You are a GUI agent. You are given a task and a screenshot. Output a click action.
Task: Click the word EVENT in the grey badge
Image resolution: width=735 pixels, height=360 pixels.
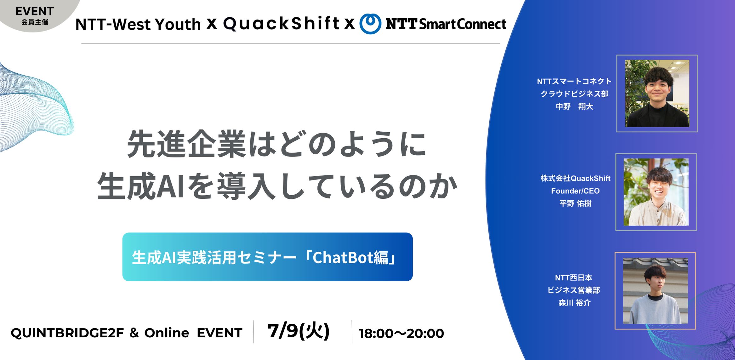coord(35,11)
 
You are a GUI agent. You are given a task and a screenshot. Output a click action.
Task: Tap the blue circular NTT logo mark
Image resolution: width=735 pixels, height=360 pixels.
coord(370,24)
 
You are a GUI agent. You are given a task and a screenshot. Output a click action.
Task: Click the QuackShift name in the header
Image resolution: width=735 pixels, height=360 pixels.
coord(281,23)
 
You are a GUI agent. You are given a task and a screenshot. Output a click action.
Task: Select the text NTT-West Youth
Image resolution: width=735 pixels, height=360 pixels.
coord(138,24)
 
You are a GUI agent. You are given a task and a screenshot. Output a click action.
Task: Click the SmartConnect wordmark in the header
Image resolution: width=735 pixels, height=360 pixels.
coord(463,24)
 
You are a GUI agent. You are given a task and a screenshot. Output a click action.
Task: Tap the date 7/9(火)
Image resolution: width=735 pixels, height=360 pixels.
coord(298,331)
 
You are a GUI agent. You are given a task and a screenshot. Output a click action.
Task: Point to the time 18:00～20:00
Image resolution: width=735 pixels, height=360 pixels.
coord(402,333)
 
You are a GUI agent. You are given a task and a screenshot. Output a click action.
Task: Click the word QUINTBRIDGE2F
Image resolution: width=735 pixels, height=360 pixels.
coord(67,333)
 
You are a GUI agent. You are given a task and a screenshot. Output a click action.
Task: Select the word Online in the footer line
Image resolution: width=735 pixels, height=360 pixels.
coord(167,333)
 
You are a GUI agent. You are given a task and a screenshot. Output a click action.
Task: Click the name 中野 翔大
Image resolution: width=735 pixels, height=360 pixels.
coord(574,106)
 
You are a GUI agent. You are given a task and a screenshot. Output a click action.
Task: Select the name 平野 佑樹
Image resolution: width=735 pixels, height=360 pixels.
coord(575,203)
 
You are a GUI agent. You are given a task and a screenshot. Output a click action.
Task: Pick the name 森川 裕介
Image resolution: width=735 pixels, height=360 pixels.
coord(574,303)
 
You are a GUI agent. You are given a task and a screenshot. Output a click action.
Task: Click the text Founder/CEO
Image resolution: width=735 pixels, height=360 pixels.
coord(575,191)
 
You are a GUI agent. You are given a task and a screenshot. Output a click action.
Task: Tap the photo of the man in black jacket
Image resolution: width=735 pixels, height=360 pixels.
coord(657,94)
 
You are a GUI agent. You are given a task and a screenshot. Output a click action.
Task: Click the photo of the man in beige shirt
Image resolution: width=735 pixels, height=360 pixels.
coord(656,192)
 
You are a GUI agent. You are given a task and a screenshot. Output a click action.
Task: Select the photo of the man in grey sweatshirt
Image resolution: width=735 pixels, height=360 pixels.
coord(655,291)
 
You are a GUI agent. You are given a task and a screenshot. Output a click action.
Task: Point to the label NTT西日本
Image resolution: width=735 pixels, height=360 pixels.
coord(573,277)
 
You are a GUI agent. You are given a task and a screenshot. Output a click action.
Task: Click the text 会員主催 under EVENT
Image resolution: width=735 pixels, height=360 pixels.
coord(35,22)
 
